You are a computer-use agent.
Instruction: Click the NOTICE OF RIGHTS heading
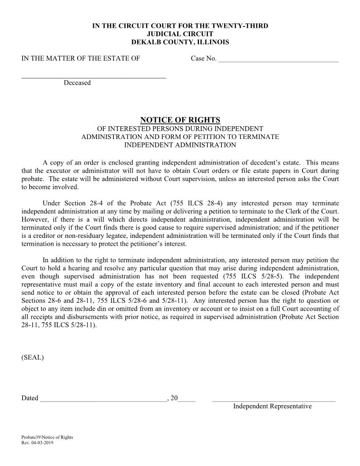(180, 120)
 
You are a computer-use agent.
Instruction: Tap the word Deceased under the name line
(77, 83)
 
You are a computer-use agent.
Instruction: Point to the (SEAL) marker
(33, 357)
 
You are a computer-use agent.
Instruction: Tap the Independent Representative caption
(272, 406)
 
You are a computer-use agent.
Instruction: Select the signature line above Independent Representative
(274, 400)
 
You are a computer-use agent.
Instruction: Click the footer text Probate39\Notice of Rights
(47, 437)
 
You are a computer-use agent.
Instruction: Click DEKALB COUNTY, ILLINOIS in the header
(180, 42)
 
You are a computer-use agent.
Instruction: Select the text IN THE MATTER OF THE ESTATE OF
(81, 58)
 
